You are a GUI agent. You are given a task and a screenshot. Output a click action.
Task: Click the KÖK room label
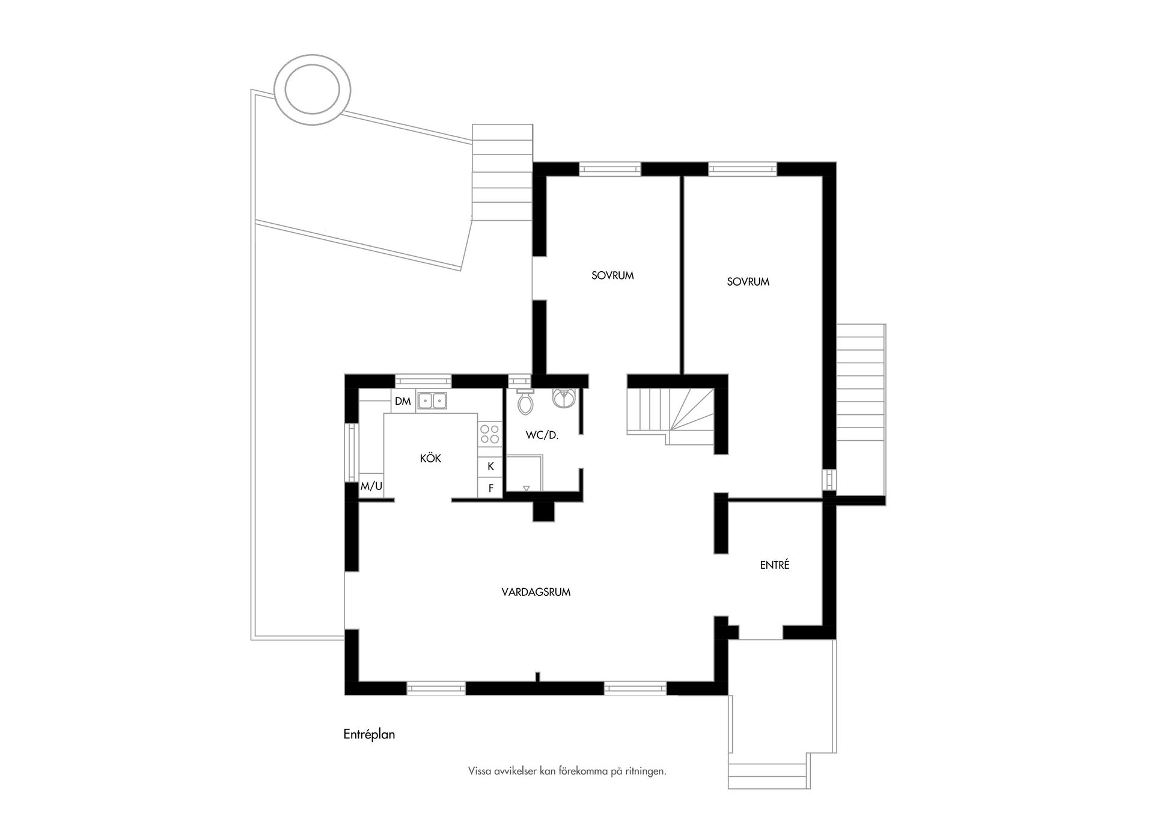[430, 459]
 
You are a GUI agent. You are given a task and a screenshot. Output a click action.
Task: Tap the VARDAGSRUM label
[536, 592]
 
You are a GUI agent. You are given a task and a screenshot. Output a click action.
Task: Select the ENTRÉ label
[774, 565]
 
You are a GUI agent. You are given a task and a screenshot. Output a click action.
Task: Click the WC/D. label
[542, 435]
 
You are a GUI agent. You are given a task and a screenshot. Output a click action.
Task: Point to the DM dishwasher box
[403, 401]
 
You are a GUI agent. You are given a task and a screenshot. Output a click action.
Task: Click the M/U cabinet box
[371, 486]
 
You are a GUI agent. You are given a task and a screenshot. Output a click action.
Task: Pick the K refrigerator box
[490, 466]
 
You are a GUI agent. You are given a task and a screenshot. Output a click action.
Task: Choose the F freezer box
[490, 488]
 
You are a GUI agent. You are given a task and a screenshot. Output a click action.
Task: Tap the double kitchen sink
[432, 400]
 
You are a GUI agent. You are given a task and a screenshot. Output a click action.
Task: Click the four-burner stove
[490, 434]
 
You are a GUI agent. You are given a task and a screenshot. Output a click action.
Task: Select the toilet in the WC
[526, 403]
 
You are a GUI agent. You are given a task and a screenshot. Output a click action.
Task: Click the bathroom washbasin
[564, 397]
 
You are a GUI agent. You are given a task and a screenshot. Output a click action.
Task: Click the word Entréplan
[369, 734]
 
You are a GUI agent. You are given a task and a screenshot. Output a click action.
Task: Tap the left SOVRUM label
[612, 276]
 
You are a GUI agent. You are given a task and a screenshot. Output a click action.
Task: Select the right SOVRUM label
[748, 281]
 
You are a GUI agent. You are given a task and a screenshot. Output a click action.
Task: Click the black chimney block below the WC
[544, 511]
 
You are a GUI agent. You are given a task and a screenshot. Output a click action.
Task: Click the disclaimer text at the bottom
[567, 771]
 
